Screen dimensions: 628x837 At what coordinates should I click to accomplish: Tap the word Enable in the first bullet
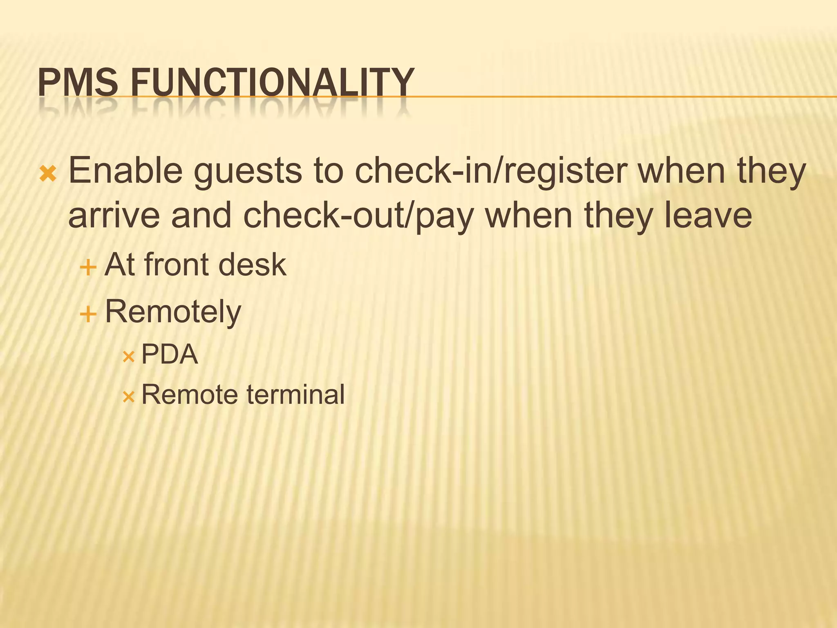pos(125,170)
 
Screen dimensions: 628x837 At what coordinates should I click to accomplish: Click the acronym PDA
pos(169,354)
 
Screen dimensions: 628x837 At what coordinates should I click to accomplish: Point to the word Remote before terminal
pos(189,395)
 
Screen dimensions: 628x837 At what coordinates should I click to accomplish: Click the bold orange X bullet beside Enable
pos(48,174)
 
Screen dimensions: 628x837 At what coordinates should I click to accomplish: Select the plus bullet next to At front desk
pos(88,268)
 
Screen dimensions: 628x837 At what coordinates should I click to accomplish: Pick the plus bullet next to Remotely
pos(88,315)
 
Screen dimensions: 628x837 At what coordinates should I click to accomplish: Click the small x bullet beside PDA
pos(128,357)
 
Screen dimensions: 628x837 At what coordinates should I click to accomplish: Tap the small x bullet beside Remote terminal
pos(128,397)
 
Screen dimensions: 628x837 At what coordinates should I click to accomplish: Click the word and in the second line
pos(201,215)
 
